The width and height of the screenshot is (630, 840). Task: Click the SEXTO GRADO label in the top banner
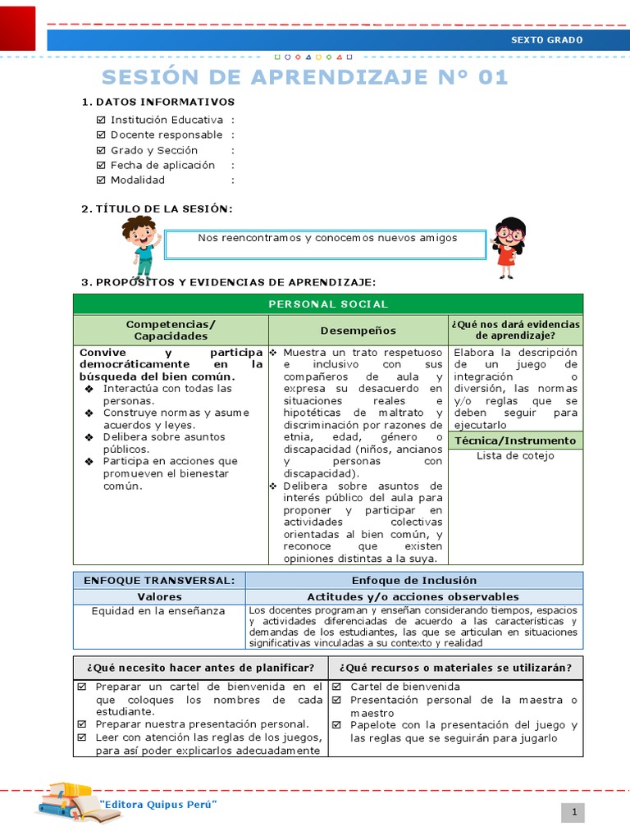pyautogui.click(x=546, y=40)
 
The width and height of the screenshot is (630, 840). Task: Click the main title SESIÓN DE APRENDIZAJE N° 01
pyautogui.click(x=304, y=77)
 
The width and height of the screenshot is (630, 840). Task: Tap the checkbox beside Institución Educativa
pyautogui.click(x=101, y=120)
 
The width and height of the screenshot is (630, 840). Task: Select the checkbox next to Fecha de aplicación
pyautogui.click(x=101, y=165)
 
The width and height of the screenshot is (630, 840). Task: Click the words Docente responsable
pyautogui.click(x=167, y=135)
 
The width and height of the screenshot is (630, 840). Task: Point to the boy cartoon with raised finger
pyautogui.click(x=139, y=244)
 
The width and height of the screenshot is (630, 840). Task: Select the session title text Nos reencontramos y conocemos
pyautogui.click(x=327, y=238)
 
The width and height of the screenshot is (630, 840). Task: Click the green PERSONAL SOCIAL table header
pyautogui.click(x=327, y=304)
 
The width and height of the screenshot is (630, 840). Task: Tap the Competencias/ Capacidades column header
pyautogui.click(x=171, y=330)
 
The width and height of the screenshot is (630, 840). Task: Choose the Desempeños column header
pyautogui.click(x=358, y=330)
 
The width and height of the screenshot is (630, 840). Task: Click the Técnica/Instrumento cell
pyautogui.click(x=515, y=441)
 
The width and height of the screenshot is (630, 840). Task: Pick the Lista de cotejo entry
pyautogui.click(x=515, y=456)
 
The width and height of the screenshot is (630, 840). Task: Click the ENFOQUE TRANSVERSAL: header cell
pyautogui.click(x=159, y=580)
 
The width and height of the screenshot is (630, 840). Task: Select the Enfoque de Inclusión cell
pyautogui.click(x=413, y=580)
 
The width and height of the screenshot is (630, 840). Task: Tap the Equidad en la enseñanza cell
pyautogui.click(x=159, y=610)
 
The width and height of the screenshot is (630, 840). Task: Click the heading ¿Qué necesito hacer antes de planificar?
pyautogui.click(x=200, y=667)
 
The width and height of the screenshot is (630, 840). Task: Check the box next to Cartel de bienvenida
pyautogui.click(x=337, y=687)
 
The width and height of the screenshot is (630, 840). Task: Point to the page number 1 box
pyautogui.click(x=573, y=812)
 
